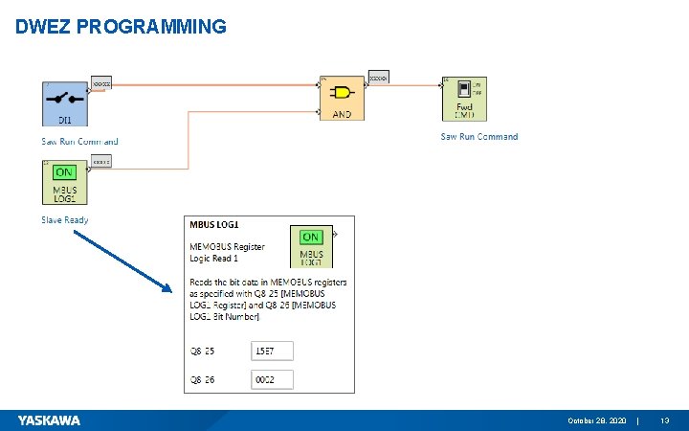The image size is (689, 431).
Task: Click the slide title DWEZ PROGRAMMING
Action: point(122,26)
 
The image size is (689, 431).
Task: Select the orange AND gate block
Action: point(342,98)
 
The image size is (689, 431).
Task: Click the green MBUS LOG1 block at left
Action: point(65,182)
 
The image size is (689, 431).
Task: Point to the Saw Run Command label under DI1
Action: point(79,142)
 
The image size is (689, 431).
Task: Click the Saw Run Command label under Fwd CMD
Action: point(478,137)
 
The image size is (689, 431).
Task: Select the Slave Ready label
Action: point(65,219)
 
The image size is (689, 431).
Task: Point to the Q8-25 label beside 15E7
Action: point(202,350)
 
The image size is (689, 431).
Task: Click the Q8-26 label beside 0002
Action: point(202,380)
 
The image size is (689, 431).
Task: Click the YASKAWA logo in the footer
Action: point(49,420)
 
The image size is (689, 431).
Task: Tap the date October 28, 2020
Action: point(597,421)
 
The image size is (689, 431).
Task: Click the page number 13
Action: point(665,421)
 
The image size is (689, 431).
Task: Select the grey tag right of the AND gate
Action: point(379,79)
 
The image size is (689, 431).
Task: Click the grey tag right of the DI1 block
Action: point(101,82)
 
